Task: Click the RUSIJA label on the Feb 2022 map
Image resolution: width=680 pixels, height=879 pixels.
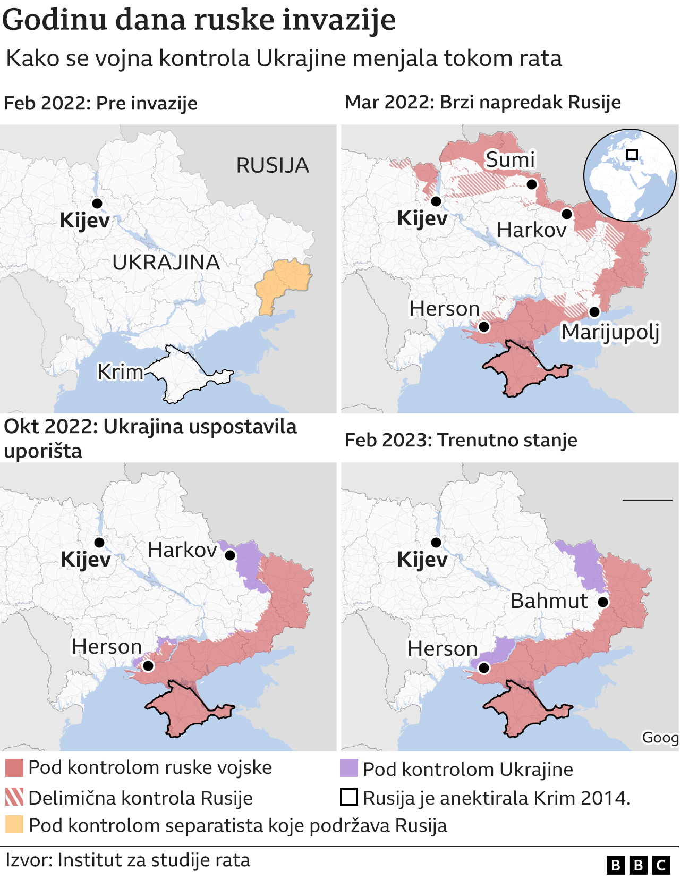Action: (x=273, y=165)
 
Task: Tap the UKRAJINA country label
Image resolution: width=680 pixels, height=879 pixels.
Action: (x=166, y=262)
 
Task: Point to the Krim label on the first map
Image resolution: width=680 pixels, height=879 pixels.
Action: (x=120, y=371)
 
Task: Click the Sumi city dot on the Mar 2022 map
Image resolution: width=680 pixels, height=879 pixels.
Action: (x=532, y=184)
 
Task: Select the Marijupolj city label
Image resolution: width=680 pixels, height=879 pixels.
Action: (x=610, y=332)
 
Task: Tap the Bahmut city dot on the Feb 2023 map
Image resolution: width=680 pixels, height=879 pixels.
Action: (x=603, y=602)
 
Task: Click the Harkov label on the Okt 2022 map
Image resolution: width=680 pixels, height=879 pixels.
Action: (x=182, y=550)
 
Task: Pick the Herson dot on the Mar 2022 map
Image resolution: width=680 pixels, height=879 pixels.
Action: (x=484, y=326)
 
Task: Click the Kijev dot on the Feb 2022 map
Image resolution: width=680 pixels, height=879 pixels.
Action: (x=97, y=203)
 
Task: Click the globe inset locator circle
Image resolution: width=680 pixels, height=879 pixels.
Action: (x=630, y=175)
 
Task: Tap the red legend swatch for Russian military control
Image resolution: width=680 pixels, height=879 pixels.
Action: (x=14, y=768)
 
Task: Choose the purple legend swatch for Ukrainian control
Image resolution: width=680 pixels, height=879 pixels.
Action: (x=349, y=768)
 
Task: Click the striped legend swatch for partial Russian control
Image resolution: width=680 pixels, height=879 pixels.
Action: (x=14, y=797)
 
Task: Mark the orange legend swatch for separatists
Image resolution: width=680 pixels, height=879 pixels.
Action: (x=14, y=824)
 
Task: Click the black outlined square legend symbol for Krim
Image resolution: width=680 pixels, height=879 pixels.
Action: (x=349, y=797)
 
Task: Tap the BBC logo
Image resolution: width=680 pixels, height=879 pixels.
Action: (x=638, y=866)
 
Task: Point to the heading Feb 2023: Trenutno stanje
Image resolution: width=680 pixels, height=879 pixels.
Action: (x=461, y=440)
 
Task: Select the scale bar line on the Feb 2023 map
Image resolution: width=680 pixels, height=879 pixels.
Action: (x=647, y=500)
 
